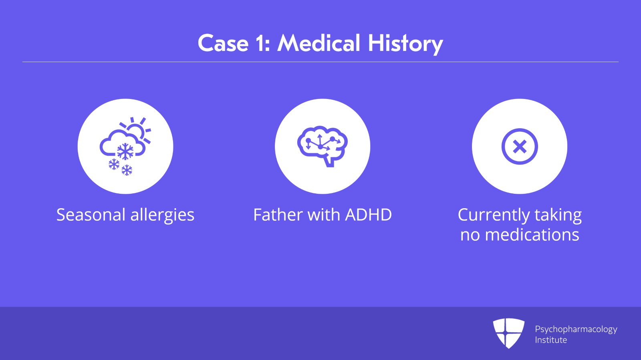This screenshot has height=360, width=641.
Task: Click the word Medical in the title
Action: coord(318,43)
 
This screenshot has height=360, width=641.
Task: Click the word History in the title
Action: coord(405,44)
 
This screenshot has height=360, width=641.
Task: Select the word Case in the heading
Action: coord(223,43)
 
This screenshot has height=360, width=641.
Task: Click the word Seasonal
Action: coord(91,215)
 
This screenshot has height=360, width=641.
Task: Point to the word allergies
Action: coord(162,215)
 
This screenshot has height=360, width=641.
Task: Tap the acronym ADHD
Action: coord(368,215)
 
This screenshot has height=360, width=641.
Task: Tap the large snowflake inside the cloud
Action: coord(125,151)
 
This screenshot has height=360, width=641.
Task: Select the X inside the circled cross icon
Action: coord(520,147)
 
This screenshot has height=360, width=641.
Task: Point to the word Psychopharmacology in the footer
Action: coord(576,330)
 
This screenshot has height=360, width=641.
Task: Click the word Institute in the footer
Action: coord(551,340)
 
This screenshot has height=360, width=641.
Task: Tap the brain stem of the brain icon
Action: coord(329,161)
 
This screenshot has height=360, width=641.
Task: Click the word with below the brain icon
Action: coord(324,215)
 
